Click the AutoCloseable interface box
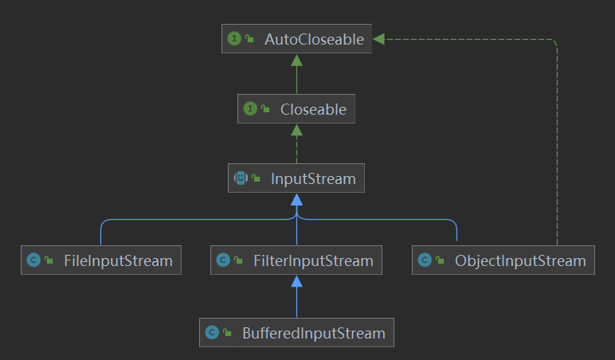click(296, 39)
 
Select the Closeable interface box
click(296, 109)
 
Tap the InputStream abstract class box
click(296, 178)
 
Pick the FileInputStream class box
click(101, 260)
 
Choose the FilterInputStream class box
click(296, 260)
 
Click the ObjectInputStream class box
click(503, 260)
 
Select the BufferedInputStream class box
click(296, 333)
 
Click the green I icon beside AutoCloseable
click(234, 39)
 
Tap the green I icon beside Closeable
click(250, 109)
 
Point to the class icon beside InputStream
click(241, 178)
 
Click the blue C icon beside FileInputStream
click(33, 260)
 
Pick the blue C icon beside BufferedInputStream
click(212, 333)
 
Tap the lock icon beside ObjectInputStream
click(441, 261)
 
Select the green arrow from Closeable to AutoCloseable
click(296, 76)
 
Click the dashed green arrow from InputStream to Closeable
click(296, 145)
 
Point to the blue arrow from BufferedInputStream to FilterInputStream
click(296, 299)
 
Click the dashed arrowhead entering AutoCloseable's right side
click(379, 39)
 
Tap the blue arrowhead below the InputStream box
click(296, 199)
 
